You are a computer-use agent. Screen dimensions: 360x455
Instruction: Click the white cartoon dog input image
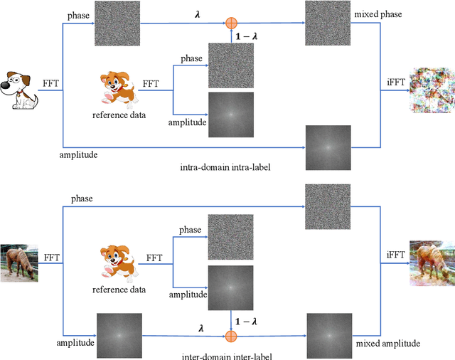(21, 89)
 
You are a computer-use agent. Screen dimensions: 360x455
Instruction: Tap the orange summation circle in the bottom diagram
(230, 317)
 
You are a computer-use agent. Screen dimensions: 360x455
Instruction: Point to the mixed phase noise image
(328, 23)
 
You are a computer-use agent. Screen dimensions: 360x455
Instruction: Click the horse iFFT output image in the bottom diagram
(431, 262)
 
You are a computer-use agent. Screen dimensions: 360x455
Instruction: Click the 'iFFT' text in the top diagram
(395, 82)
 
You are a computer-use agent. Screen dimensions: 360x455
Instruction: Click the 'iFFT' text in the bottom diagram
(395, 255)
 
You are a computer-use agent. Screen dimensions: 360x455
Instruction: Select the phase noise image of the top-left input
(117, 23)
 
